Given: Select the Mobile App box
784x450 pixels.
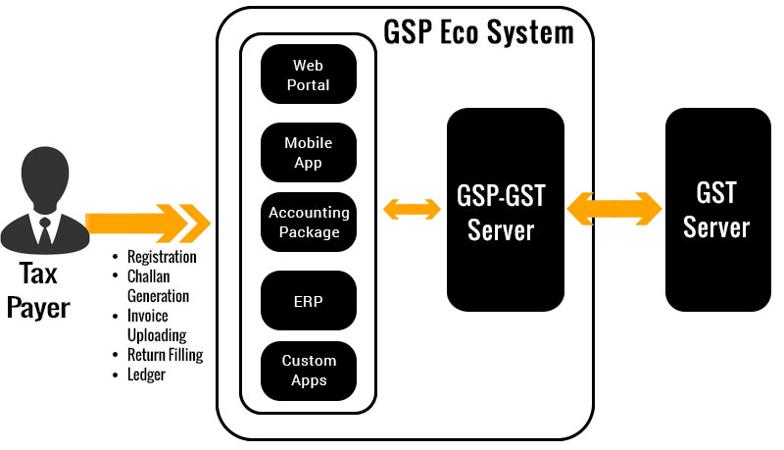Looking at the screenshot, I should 309,152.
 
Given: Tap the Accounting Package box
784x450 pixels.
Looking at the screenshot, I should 309,223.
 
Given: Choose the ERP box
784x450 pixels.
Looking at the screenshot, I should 309,301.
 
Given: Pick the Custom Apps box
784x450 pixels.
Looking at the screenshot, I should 309,371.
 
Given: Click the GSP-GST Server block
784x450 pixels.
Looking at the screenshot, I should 505,210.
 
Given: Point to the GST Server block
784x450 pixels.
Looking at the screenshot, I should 716,210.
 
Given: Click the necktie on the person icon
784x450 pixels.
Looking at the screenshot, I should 44,231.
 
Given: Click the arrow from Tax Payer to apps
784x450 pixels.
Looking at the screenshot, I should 147,223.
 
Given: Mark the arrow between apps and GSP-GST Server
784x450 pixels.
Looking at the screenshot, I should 411,209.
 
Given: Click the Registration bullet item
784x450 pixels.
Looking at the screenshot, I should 162,257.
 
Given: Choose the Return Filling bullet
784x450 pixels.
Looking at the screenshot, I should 165,354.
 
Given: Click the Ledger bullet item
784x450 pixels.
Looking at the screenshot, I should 147,374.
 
